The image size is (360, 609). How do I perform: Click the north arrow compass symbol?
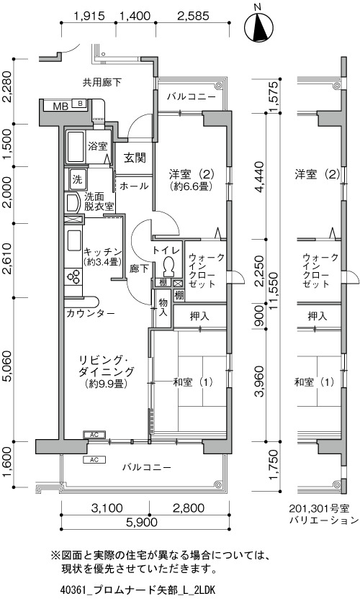pyautogui.click(x=258, y=27)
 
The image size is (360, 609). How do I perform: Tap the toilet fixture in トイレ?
pyautogui.click(x=168, y=266)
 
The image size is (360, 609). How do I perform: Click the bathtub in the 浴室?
pyautogui.click(x=76, y=148)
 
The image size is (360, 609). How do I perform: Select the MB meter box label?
pyautogui.click(x=60, y=106)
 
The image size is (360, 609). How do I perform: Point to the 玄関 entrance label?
pyautogui.click(x=135, y=158)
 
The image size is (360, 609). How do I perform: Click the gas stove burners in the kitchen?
pyautogui.click(x=73, y=277)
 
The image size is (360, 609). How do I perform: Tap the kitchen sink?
pyautogui.click(x=73, y=241)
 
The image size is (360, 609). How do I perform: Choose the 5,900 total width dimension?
pyautogui.click(x=142, y=522)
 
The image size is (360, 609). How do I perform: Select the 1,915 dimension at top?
pyautogui.click(x=89, y=16)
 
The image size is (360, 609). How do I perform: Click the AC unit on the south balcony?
pyautogui.click(x=94, y=460)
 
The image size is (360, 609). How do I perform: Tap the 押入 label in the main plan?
pyautogui.click(x=199, y=316)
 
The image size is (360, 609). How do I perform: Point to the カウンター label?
pyautogui.click(x=91, y=313)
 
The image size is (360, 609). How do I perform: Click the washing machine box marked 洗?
pyautogui.click(x=77, y=179)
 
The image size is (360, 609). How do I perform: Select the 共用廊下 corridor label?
pyautogui.click(x=102, y=82)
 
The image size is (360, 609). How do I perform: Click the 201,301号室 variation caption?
pyautogui.click(x=319, y=508)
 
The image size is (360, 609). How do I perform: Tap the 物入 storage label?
pyautogui.click(x=163, y=307)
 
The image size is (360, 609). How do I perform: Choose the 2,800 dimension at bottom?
pyautogui.click(x=189, y=507)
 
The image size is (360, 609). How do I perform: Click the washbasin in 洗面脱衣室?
pyautogui.click(x=73, y=203)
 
